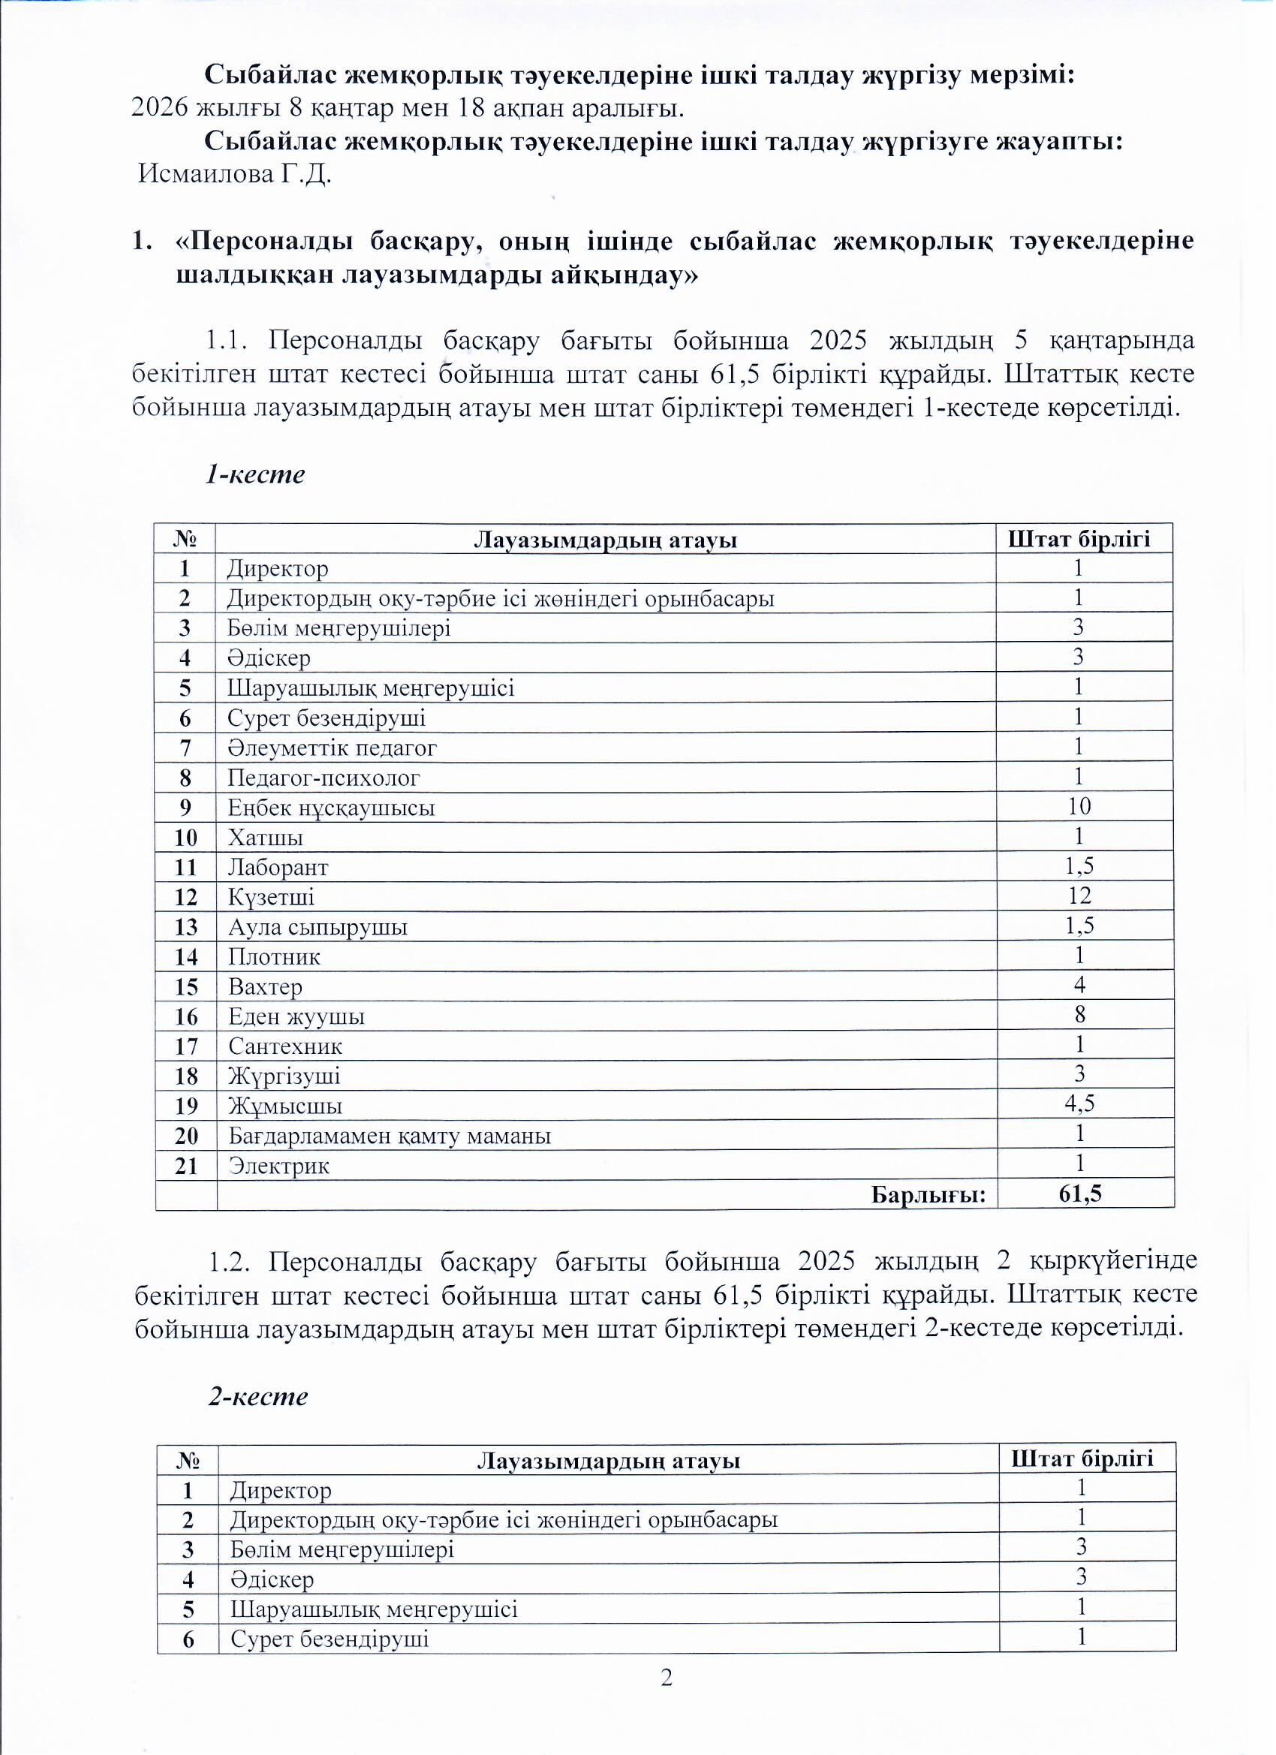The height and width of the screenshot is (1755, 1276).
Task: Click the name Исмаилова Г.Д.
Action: [234, 174]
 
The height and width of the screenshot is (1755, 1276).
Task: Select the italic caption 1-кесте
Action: [254, 474]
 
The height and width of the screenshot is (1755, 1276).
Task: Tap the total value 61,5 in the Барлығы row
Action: [1080, 1194]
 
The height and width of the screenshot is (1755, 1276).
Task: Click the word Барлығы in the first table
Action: [928, 1195]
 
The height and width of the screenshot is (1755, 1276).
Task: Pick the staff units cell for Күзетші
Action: [1079, 896]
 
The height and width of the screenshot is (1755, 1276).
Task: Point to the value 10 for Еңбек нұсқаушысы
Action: [1079, 806]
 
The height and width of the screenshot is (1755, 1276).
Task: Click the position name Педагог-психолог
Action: [324, 778]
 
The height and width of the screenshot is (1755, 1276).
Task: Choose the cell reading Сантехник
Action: [284, 1046]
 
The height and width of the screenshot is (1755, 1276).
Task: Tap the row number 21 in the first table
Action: [185, 1165]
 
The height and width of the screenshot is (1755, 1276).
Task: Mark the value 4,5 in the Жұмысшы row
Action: [1079, 1103]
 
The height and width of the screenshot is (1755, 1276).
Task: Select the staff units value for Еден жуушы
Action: [1079, 1014]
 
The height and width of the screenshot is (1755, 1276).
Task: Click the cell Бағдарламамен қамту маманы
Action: [390, 1136]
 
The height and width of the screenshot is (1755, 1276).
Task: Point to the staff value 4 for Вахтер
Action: [1079, 985]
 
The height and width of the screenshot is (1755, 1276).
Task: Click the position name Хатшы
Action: [265, 837]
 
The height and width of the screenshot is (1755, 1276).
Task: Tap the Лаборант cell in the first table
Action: [278, 868]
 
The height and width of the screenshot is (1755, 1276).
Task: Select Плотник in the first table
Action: [274, 957]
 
